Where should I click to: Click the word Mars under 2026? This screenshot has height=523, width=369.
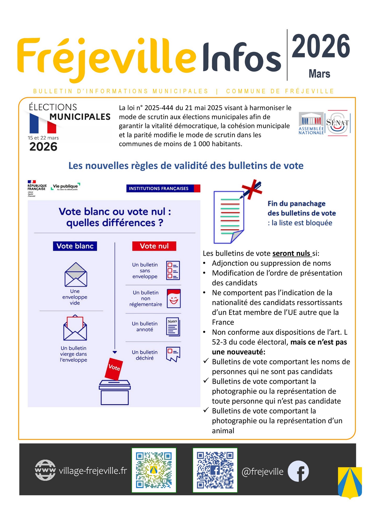(x=319, y=74)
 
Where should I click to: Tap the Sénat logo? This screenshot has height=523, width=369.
(x=337, y=123)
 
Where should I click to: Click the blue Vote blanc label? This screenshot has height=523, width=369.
(x=75, y=246)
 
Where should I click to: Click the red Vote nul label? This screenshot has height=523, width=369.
(x=154, y=246)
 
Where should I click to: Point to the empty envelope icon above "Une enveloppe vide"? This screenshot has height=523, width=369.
(x=76, y=275)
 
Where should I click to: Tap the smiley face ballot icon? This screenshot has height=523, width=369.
(x=174, y=298)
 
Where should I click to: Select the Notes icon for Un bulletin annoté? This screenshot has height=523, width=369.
(x=173, y=327)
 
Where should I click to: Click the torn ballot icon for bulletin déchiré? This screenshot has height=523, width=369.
(x=173, y=354)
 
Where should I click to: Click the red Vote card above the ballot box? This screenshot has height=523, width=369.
(x=114, y=368)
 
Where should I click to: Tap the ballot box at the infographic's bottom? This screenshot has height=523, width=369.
(x=115, y=392)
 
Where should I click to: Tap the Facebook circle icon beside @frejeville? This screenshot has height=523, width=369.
(x=298, y=471)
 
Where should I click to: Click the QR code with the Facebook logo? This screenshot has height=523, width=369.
(x=215, y=470)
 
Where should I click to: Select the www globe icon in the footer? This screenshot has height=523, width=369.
(x=45, y=470)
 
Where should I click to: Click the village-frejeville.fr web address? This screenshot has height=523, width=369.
(x=93, y=471)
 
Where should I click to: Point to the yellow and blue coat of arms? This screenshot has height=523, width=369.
(x=350, y=482)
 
